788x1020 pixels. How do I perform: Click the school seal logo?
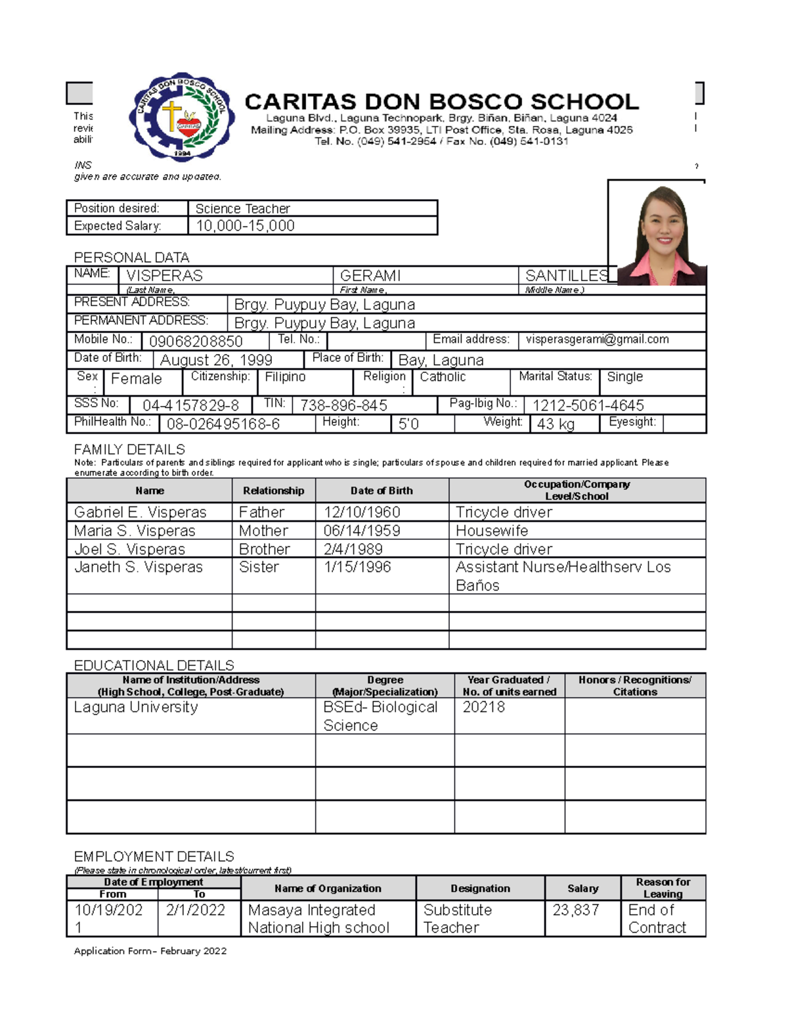(x=182, y=117)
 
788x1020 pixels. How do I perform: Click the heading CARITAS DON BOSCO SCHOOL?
(x=441, y=102)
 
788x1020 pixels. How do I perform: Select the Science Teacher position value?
(x=242, y=208)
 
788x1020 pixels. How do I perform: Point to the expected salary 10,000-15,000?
(x=245, y=226)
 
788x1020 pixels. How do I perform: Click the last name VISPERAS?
(x=164, y=275)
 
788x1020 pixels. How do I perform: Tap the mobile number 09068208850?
(x=196, y=342)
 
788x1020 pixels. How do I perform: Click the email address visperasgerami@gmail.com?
(x=597, y=340)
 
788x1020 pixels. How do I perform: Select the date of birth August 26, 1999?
(x=216, y=360)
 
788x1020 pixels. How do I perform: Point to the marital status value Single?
(x=624, y=377)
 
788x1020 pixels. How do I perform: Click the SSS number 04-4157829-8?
(x=190, y=406)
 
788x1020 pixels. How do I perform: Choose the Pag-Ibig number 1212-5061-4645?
(x=588, y=406)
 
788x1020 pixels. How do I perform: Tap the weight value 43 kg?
(x=556, y=424)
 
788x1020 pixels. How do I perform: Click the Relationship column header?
(x=273, y=491)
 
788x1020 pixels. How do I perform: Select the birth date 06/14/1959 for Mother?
(x=362, y=531)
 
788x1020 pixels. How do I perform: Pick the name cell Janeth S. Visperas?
(x=139, y=567)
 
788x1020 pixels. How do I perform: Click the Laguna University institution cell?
(x=136, y=707)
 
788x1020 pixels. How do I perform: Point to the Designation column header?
(x=480, y=888)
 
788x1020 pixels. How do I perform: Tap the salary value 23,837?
(x=576, y=910)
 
